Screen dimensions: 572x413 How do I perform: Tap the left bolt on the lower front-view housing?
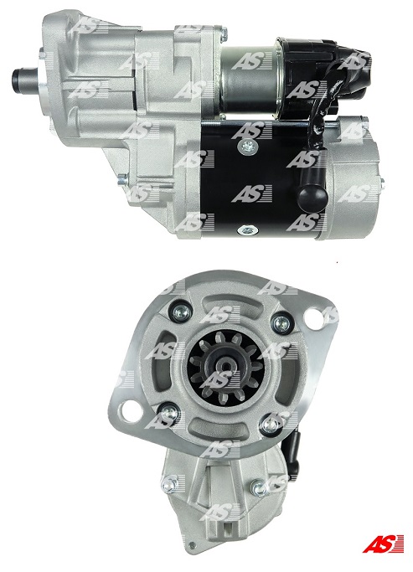pos(170,483)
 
